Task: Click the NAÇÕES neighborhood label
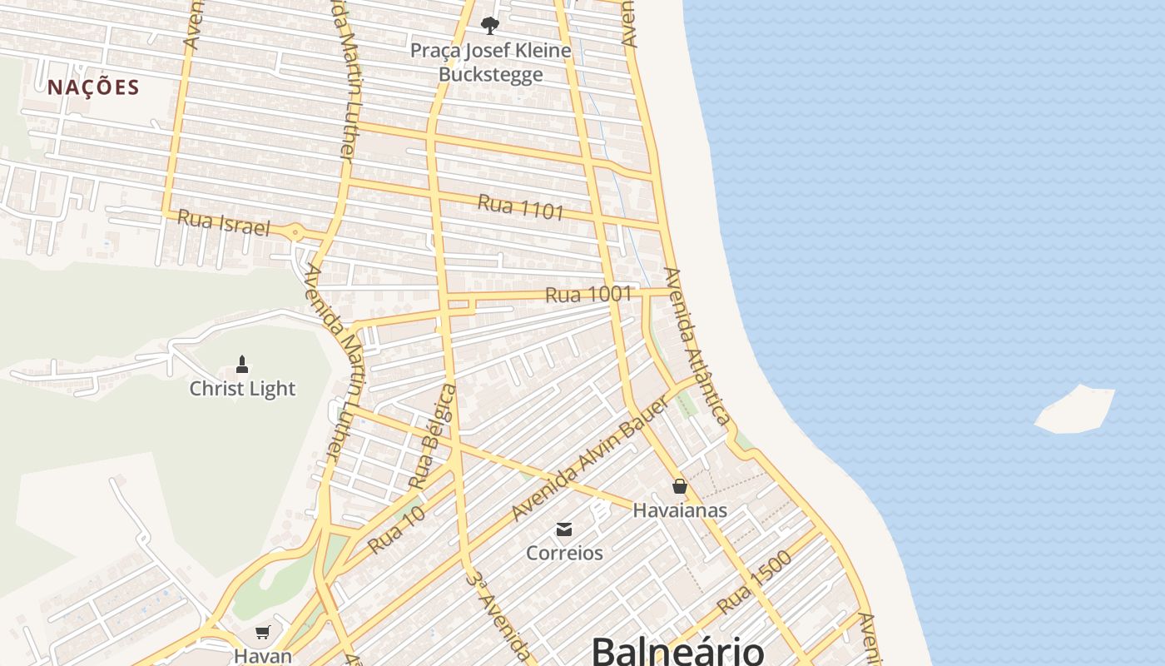click(93, 87)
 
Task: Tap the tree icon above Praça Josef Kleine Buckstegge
click(490, 25)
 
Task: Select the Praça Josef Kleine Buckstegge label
click(491, 62)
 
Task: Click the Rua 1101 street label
click(521, 206)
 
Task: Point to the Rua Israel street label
click(224, 222)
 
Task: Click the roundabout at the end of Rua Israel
click(296, 232)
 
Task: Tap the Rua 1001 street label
click(588, 294)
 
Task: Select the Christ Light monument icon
click(242, 365)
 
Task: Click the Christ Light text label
click(242, 389)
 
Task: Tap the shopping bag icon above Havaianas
click(680, 486)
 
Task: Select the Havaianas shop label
click(680, 510)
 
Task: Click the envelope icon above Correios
click(564, 529)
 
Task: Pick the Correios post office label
click(564, 553)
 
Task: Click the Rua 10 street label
click(397, 529)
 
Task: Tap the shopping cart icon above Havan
click(263, 633)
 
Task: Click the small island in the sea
click(1075, 410)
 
